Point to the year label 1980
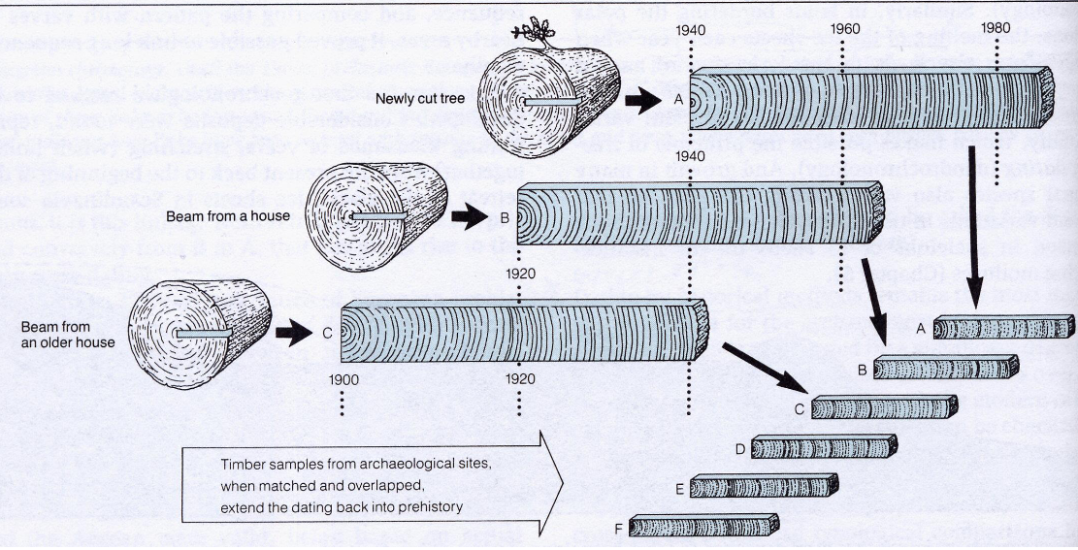(999, 28)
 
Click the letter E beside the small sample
(679, 488)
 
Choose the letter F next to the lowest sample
(617, 529)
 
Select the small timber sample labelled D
(823, 446)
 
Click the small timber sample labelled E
(763, 486)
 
